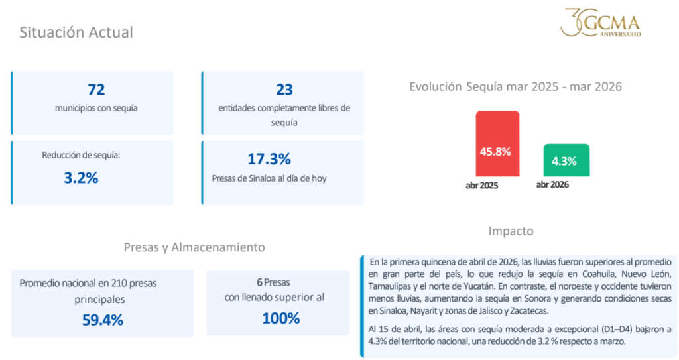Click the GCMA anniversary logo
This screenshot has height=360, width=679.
[601, 23]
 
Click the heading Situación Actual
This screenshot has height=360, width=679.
[76, 32]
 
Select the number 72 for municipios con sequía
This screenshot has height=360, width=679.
[96, 90]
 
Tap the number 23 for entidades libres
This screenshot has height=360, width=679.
[284, 90]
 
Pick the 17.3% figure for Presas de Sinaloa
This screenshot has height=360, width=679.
[269, 159]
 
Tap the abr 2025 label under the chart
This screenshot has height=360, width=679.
[481, 186]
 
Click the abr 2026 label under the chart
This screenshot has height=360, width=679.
[552, 185]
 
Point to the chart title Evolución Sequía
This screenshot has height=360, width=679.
[515, 86]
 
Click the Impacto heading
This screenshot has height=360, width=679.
[511, 231]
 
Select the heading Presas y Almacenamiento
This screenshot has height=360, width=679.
[194, 247]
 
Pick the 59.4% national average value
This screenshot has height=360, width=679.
[103, 320]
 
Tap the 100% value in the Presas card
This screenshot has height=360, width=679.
[281, 318]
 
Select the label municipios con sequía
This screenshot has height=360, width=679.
[96, 107]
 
